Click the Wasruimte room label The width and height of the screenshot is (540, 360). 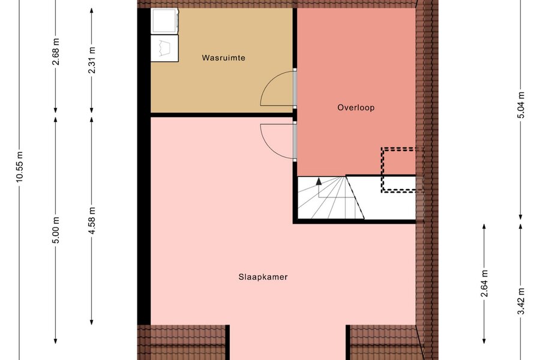(x=224, y=58)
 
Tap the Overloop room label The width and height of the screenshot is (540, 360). (x=356, y=107)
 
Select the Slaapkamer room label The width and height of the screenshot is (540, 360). (x=263, y=277)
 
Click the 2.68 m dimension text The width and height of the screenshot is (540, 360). (x=56, y=52)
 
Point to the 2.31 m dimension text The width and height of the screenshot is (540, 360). (x=92, y=60)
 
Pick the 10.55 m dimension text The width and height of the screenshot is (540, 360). (x=19, y=166)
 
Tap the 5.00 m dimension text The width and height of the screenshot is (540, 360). (x=56, y=230)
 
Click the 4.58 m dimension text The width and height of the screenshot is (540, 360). (x=92, y=221)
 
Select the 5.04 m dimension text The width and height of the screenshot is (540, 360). (x=521, y=105)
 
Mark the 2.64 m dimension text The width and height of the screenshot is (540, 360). (x=485, y=284)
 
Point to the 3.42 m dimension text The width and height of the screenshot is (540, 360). (x=521, y=301)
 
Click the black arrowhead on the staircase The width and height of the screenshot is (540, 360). (x=319, y=181)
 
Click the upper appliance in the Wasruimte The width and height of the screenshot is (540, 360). (x=165, y=20)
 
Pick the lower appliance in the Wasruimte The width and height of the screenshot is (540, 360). (x=164, y=48)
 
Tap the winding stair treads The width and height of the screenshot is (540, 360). (x=331, y=197)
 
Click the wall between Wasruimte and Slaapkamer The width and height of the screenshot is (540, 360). (x=222, y=115)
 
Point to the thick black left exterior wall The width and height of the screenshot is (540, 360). (x=144, y=166)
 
